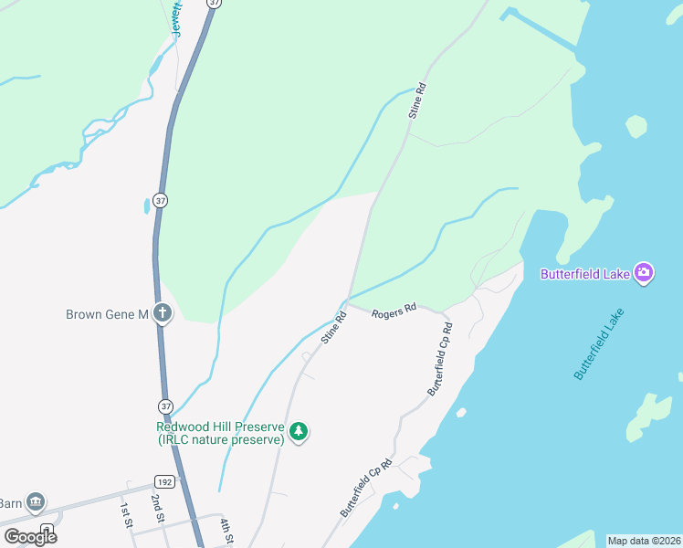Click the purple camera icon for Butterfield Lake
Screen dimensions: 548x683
point(645,272)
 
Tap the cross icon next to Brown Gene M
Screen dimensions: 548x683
point(163,314)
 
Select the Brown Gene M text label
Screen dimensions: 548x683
point(107,314)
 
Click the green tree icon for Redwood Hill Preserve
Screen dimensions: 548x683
point(299,432)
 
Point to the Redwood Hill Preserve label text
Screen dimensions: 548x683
point(220,433)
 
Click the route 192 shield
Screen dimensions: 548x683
point(164,481)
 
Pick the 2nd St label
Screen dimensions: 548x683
point(157,507)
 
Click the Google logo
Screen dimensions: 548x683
point(30,536)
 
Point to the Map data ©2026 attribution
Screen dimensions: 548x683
point(644,541)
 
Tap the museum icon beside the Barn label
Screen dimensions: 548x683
point(36,501)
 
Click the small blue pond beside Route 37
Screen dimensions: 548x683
point(146,206)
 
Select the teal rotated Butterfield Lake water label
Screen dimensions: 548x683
point(600,344)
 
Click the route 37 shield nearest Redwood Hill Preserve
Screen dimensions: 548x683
point(165,406)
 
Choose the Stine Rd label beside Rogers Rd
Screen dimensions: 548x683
point(333,328)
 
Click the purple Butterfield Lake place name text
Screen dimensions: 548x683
point(585,273)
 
